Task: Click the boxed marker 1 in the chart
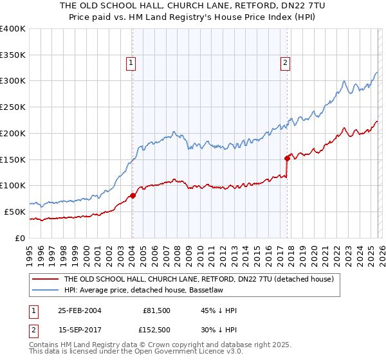coord(131,62)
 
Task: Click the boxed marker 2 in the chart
coord(284,62)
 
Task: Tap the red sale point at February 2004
coord(133,195)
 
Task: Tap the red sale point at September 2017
coord(287,157)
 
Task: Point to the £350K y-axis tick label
coord(13,55)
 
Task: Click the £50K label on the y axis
coord(15,212)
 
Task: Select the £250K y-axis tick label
coord(13,107)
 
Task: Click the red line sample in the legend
coord(46,280)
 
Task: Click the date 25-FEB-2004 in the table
coord(78,310)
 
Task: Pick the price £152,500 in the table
coord(156,330)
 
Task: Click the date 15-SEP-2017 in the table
coord(78,330)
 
